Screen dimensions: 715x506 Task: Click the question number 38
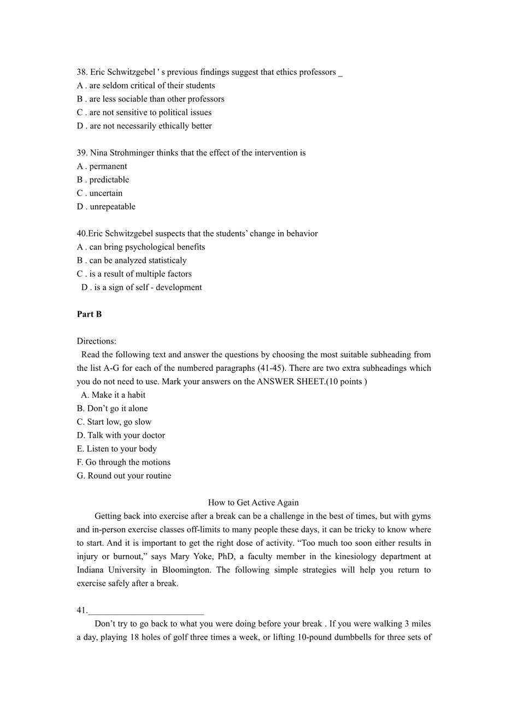(82, 72)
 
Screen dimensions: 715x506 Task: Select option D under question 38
(144, 126)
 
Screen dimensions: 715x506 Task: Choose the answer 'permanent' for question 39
(108, 166)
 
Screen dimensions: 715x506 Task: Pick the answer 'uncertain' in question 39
(105, 193)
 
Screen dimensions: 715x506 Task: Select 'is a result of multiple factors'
(140, 274)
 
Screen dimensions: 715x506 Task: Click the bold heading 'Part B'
(89, 314)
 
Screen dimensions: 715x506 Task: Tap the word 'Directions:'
(96, 341)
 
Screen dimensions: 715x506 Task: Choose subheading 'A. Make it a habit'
(113, 395)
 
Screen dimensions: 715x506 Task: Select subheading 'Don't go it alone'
(112, 408)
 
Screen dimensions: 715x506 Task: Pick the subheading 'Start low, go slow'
(114, 422)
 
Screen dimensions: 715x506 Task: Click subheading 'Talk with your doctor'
(121, 435)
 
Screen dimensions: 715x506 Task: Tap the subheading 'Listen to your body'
(117, 448)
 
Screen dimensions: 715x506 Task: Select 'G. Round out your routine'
(124, 476)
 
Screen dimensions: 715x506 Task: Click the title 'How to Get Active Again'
(253, 503)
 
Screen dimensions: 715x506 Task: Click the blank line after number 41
(146, 611)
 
